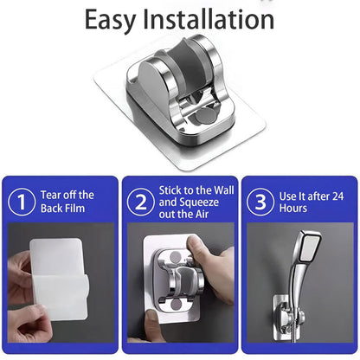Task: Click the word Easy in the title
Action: (110, 20)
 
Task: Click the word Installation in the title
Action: (209, 19)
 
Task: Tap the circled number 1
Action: (22, 202)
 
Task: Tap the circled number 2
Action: (140, 202)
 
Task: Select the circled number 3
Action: (260, 202)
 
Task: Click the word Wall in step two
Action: (224, 190)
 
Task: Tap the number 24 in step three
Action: (338, 196)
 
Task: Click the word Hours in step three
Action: (293, 208)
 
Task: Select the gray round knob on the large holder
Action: (205, 116)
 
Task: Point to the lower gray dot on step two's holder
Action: (176, 304)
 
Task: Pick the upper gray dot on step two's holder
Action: (175, 256)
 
